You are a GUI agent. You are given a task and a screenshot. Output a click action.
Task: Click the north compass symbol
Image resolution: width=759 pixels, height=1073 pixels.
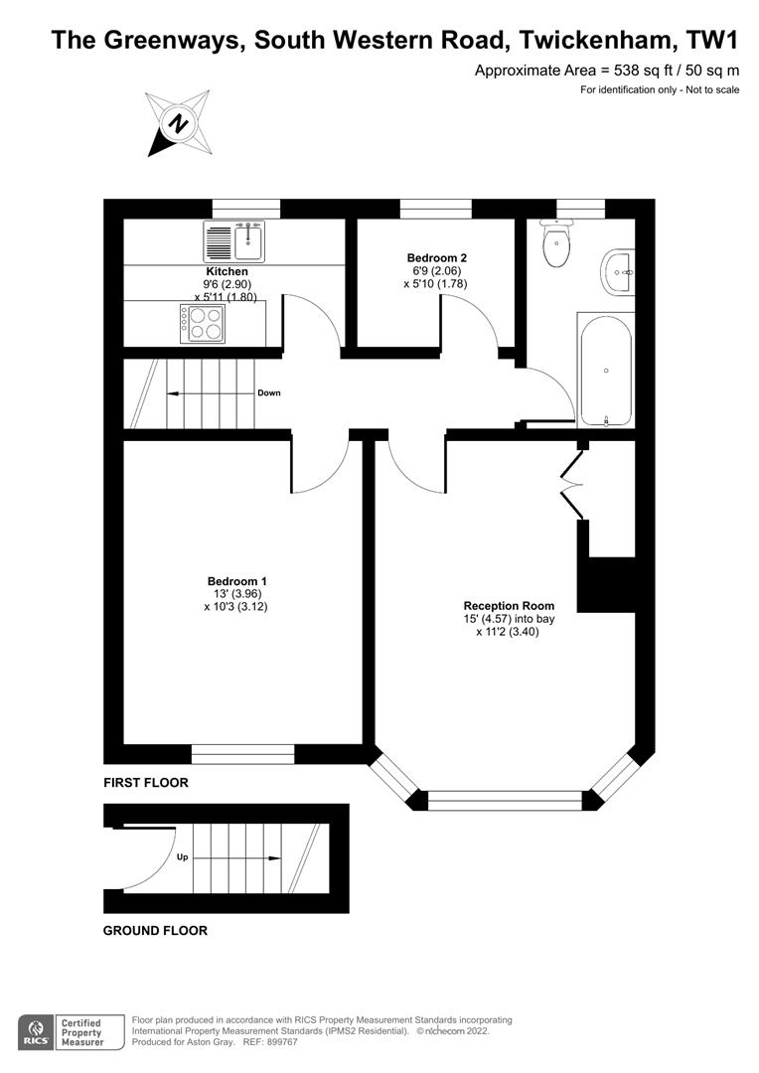pos(179,124)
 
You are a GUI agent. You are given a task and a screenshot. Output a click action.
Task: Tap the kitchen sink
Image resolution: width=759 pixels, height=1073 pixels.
pos(234,241)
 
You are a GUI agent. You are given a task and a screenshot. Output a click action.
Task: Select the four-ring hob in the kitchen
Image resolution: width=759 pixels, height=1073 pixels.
pos(202,324)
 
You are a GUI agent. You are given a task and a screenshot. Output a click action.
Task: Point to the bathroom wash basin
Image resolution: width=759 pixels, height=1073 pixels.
pos(619,272)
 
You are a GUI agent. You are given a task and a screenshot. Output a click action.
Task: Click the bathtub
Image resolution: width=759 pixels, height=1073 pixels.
pos(606,371)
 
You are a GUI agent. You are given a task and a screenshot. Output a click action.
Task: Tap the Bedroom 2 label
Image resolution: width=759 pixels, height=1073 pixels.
pos(437,258)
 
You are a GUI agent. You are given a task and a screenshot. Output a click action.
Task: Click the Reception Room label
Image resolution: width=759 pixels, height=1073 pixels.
pos(509,606)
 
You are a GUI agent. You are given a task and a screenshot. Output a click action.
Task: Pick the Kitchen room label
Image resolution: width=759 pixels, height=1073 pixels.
pos(227,271)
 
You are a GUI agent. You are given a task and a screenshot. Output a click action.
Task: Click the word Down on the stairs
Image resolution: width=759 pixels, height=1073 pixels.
pos(269,392)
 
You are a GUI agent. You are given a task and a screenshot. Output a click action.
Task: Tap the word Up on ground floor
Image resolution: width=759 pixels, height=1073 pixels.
pos(182,856)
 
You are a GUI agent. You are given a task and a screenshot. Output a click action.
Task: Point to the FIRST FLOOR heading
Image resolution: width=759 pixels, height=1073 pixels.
pos(146,782)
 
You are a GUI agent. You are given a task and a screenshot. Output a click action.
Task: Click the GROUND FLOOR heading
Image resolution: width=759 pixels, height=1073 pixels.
pos(155,931)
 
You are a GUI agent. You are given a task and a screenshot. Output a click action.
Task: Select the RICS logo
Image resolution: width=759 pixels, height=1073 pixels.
pos(36,1033)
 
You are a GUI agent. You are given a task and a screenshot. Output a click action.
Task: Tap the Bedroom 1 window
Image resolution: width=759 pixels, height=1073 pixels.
pos(242,754)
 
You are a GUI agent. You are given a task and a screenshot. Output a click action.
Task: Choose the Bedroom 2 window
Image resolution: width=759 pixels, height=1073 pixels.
pos(435,209)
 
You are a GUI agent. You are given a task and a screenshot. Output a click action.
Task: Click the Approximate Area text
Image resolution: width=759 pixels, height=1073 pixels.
pos(607,70)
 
